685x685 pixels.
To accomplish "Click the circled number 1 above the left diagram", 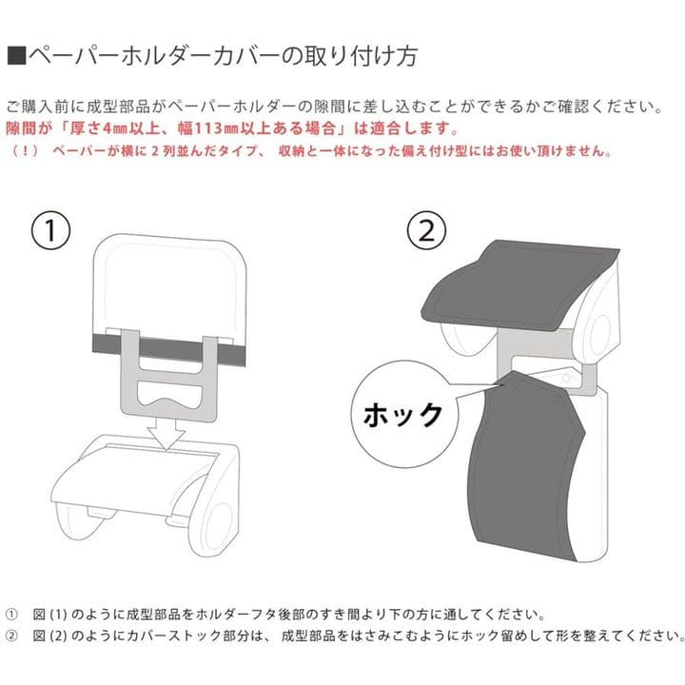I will click(53, 227).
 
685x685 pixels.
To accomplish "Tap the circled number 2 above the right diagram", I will click(424, 227).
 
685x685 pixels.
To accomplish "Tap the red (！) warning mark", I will click(22, 151).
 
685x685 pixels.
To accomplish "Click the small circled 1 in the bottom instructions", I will click(12, 614).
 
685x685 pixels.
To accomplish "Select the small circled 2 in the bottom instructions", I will click(12, 635).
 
